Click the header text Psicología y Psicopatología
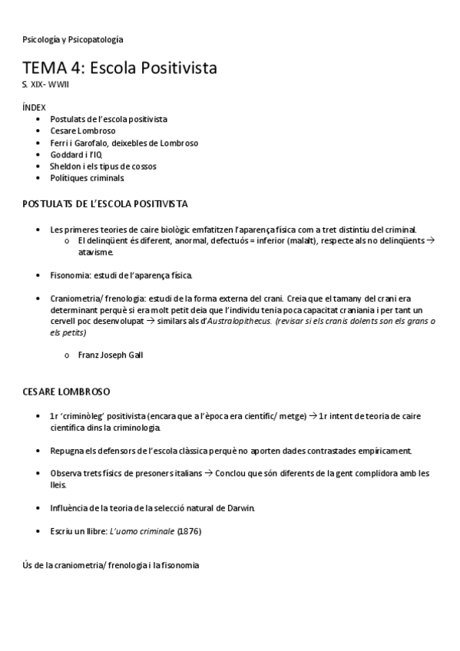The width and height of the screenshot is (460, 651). click(x=73, y=39)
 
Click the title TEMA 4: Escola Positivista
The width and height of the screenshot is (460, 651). click(x=120, y=68)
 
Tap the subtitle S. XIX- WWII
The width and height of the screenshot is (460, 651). click(x=45, y=84)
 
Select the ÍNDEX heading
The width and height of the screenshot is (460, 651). click(x=35, y=107)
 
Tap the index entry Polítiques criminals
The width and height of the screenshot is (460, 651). click(x=87, y=178)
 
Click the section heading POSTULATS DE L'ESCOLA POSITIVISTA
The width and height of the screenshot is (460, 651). click(x=105, y=204)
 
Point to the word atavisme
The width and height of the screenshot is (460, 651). click(x=96, y=252)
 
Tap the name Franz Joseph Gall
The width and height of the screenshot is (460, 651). click(x=111, y=355)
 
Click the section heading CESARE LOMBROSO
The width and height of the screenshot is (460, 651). click(x=66, y=392)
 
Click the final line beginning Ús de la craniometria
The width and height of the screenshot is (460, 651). click(x=111, y=565)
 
